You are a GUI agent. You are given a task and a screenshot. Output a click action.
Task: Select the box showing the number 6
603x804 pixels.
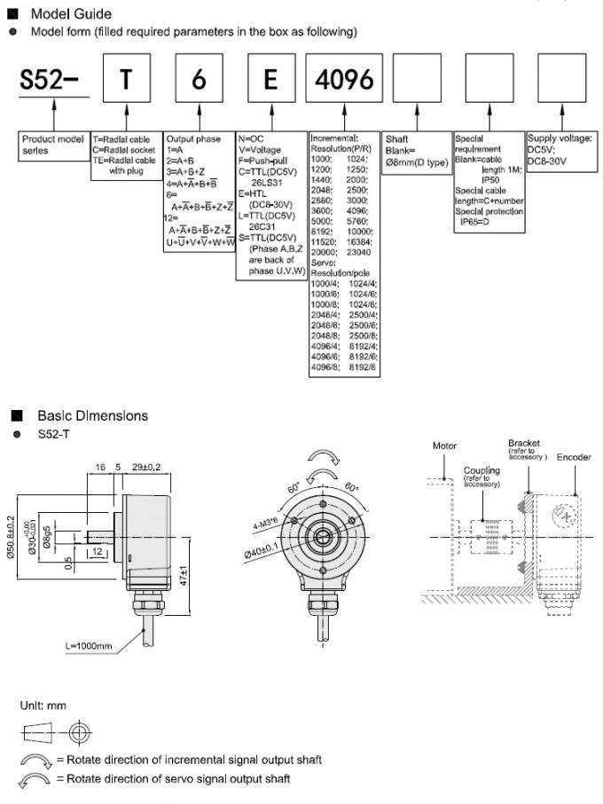pos(198,80)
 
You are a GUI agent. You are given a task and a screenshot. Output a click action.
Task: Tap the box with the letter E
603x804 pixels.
pos(270,80)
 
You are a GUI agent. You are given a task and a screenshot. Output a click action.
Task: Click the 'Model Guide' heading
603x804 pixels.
pos(71,14)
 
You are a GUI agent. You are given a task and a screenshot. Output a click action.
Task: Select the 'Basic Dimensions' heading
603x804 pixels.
pos(92,415)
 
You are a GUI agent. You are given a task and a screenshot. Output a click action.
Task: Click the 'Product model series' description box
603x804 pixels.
pos(54,145)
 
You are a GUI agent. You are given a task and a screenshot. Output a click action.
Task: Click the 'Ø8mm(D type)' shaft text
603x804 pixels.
pos(415,162)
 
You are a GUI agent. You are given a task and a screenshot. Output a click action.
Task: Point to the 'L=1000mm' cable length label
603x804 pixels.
pos(89,645)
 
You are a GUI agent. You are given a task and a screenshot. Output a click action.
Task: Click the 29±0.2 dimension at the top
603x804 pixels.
pos(147,466)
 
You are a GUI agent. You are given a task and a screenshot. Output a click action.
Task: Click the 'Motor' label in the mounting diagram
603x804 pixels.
pos(444,445)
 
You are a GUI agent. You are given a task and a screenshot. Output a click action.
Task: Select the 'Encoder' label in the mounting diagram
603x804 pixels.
pos(574,457)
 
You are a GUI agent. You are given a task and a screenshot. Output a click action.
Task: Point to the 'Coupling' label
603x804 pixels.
pos(482,470)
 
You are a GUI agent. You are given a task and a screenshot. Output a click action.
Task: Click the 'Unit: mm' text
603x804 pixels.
pos(43,705)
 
